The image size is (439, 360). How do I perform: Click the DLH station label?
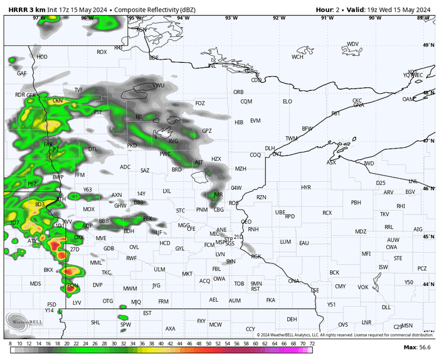270,149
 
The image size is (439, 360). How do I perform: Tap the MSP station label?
219,242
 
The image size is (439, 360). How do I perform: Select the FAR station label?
48,144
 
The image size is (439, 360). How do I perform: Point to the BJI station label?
139,117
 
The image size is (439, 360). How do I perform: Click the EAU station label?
304,243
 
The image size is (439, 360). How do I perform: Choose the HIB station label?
238,122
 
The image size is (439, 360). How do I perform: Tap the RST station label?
255,289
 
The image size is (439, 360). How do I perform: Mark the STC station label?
181,210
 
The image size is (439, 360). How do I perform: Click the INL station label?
212,65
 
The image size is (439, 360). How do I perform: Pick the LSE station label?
315,290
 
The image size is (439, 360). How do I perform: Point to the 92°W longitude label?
278,18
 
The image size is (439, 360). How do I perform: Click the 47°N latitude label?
428,140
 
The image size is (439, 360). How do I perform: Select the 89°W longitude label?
423,18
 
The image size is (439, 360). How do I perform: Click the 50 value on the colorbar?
208,344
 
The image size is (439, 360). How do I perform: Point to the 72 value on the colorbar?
312,344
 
